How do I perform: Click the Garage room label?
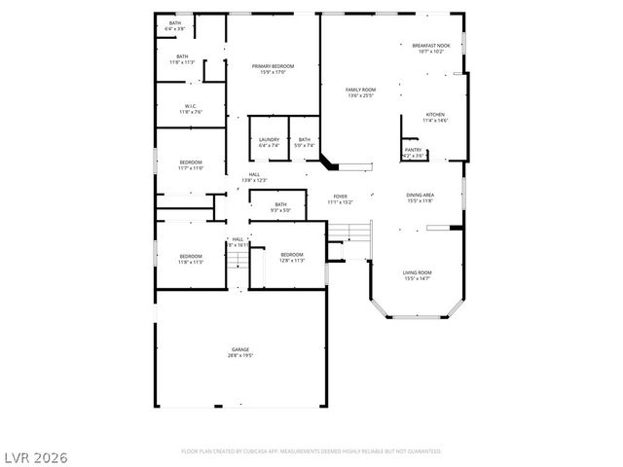point(240,349)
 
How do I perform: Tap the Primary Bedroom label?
point(273,66)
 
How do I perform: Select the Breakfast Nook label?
point(430,46)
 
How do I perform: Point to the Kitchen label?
point(434,114)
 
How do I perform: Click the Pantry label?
point(414,150)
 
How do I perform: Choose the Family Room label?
point(360,90)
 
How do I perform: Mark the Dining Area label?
point(421,196)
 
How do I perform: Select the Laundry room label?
point(269,139)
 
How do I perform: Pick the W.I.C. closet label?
point(191,106)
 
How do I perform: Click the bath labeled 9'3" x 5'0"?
point(280,204)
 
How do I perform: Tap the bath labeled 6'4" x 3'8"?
point(175,23)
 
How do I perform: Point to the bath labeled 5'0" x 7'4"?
point(305,139)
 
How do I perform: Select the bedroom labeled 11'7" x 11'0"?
point(190,162)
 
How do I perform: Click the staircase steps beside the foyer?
point(360,233)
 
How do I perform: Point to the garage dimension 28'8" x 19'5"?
point(240,355)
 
